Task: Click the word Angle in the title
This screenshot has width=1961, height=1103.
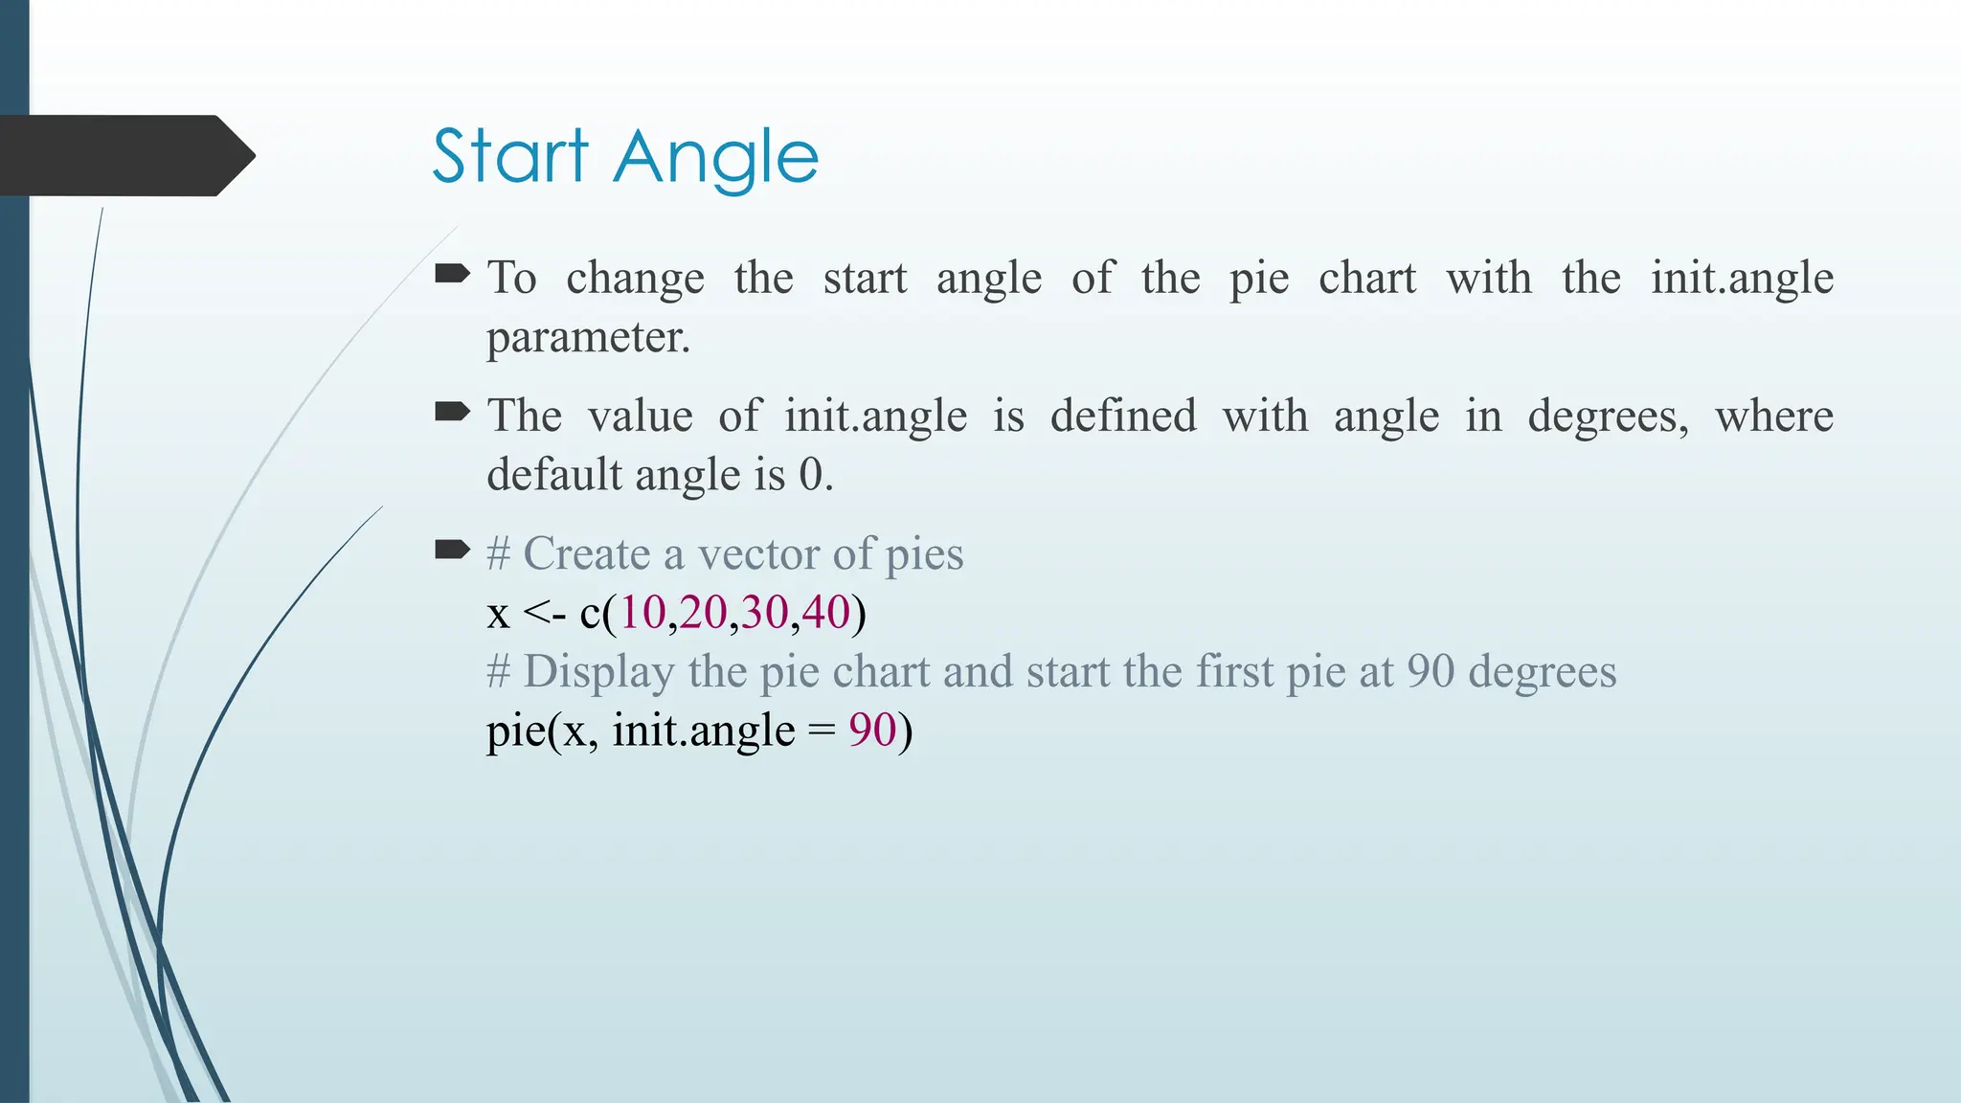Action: tap(716, 159)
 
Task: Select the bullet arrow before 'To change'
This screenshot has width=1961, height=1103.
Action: tap(452, 276)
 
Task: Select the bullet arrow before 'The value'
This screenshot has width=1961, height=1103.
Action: tap(452, 413)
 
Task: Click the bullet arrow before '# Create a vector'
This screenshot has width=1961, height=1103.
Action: tap(452, 551)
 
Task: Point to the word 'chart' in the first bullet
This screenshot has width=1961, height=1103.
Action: tap(1366, 279)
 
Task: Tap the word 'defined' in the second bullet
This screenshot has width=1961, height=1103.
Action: tap(1123, 416)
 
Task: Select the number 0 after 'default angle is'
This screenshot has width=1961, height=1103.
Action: tap(811, 475)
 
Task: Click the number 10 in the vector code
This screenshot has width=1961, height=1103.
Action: tap(642, 613)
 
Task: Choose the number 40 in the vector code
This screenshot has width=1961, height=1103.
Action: tap(826, 613)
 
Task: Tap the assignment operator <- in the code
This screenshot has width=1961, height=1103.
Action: tap(545, 614)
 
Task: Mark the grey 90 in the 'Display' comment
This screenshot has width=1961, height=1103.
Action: tap(1431, 672)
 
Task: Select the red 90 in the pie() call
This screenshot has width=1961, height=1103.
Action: tap(872, 731)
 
